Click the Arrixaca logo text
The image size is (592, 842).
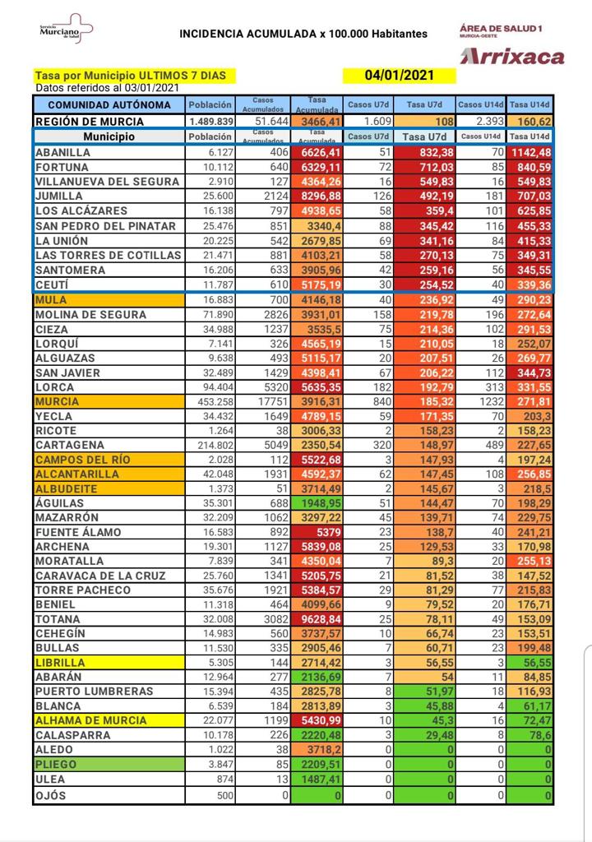[x=512, y=57]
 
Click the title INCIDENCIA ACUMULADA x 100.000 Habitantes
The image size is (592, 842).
[x=303, y=34]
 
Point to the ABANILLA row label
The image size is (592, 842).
[x=62, y=152]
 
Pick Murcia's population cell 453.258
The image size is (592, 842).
[x=212, y=402]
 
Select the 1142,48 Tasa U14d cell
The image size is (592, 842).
[x=530, y=152]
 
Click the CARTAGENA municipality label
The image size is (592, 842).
[x=71, y=446]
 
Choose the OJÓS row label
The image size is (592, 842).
[x=51, y=796]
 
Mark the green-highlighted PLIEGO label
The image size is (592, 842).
[x=57, y=764]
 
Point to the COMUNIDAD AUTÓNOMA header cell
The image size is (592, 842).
[x=109, y=105]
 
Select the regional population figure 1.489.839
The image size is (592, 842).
[x=210, y=120]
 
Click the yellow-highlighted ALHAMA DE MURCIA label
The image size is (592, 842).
[x=91, y=720]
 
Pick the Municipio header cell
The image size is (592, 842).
[x=109, y=136]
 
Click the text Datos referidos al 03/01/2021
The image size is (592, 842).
[x=107, y=88]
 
